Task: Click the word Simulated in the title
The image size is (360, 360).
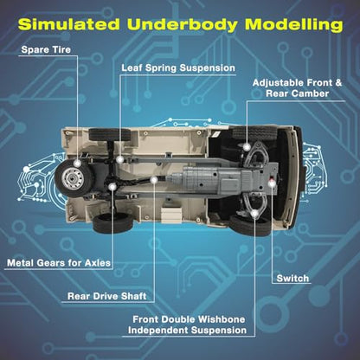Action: tap(69, 24)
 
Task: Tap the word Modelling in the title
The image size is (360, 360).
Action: tap(294, 24)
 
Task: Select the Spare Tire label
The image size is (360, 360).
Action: tap(46, 49)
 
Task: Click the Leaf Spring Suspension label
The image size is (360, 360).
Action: tap(178, 68)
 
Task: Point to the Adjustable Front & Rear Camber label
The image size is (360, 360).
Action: tap(297, 88)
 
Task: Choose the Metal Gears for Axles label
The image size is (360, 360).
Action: tap(59, 263)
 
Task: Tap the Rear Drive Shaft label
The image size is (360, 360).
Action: tap(107, 296)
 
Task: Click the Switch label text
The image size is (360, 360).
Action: tap(292, 279)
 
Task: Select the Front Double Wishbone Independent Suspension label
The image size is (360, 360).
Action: tap(188, 325)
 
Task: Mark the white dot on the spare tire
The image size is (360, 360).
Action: tap(77, 164)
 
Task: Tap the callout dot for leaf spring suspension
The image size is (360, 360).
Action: tap(120, 159)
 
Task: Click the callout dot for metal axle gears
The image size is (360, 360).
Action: tap(112, 187)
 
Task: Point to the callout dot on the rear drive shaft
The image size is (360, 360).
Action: tap(154, 180)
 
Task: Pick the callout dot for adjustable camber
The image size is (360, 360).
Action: tap(247, 147)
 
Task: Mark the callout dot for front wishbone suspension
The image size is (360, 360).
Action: tap(254, 214)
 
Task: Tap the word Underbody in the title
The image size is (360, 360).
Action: tap(183, 24)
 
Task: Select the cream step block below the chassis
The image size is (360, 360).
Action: tap(171, 214)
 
